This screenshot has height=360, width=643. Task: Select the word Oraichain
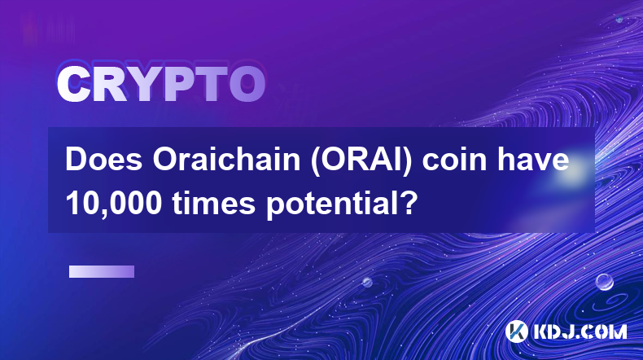[x=226, y=160]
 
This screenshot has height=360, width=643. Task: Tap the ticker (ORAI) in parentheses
[x=361, y=160]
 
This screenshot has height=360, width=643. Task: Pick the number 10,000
[x=114, y=204]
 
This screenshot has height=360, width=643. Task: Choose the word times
[x=213, y=204]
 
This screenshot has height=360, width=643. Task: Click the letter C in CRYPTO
[x=73, y=85]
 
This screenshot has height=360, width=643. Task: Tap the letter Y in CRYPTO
[x=143, y=85]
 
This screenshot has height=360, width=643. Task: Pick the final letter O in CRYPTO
[x=247, y=85]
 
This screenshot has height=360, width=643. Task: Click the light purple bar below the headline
[x=102, y=271]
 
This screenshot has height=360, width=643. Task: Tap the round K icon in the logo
[x=516, y=331]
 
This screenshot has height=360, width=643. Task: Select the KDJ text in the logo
[x=559, y=331]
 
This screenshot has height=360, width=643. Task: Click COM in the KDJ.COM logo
[x=610, y=331]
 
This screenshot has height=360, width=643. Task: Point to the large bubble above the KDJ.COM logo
[x=605, y=282]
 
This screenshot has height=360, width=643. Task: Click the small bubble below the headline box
[x=367, y=282]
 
